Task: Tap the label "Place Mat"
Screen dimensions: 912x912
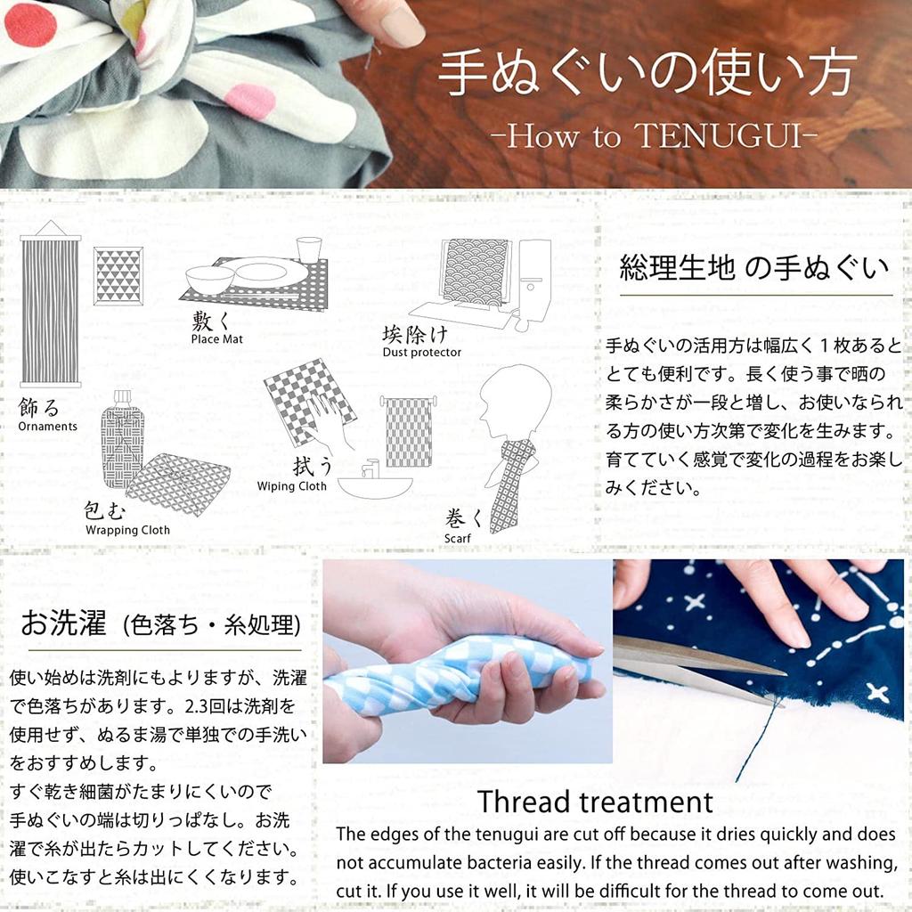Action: pos(216,338)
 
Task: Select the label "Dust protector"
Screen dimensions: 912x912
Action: pos(422,352)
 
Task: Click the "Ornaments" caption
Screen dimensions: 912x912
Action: pos(47,426)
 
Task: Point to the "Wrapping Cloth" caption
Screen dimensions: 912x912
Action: pos(127,530)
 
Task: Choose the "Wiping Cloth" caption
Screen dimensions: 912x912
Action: pos(291,486)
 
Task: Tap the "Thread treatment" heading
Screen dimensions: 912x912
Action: pos(595,802)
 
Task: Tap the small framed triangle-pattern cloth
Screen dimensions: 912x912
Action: pos(118,276)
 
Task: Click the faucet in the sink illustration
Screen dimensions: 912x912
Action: pos(370,467)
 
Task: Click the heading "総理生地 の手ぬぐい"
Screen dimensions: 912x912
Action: pos(754,267)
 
